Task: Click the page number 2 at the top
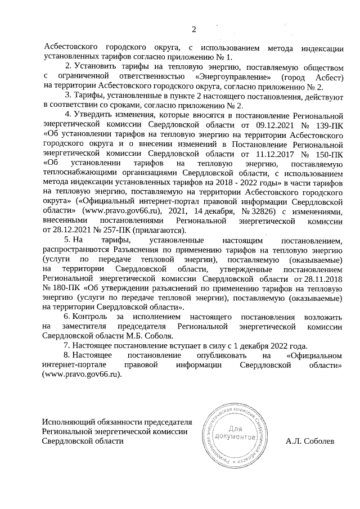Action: (194, 30)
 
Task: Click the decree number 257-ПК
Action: (114, 229)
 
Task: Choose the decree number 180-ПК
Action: (61, 288)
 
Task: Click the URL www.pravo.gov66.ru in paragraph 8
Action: (82, 375)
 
